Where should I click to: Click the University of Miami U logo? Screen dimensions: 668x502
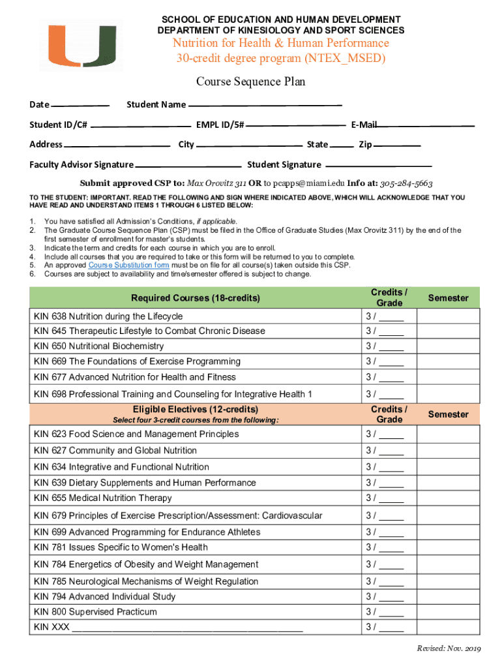(80, 44)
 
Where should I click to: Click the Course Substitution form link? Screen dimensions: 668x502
(128, 266)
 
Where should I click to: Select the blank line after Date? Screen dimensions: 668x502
(80, 105)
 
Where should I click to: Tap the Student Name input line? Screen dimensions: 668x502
(265, 105)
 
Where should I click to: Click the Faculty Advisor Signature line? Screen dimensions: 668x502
(188, 165)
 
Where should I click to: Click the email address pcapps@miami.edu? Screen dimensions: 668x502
(308, 183)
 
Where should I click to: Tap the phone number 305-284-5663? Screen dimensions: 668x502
(406, 183)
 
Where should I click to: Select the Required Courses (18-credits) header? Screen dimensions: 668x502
(195, 298)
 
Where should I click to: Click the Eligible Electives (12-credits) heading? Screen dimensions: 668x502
(195, 410)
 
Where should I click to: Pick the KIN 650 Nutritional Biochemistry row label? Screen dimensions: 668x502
(98, 346)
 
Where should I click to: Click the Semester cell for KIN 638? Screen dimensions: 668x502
(448, 316)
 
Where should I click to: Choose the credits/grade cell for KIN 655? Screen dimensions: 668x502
(389, 498)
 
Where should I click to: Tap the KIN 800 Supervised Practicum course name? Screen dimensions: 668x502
(95, 612)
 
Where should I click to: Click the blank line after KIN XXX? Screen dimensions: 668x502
(187, 628)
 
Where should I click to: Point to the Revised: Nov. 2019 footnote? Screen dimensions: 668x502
(449, 648)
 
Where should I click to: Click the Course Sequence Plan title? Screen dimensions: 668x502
(251, 82)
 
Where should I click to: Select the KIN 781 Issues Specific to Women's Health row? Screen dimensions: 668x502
(121, 547)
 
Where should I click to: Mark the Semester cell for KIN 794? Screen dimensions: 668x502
(448, 597)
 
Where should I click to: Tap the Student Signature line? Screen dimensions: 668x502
(378, 165)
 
